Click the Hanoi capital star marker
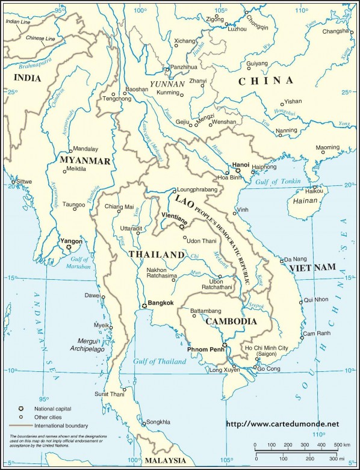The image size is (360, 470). coord(238,171)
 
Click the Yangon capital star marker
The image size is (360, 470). coord(69,247)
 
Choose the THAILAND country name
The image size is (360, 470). coord(157,255)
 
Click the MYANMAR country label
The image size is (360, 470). coord(85,161)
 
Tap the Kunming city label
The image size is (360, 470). coord(168,93)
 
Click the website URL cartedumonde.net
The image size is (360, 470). coord(287,424)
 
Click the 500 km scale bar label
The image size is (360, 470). coord(340,444)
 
